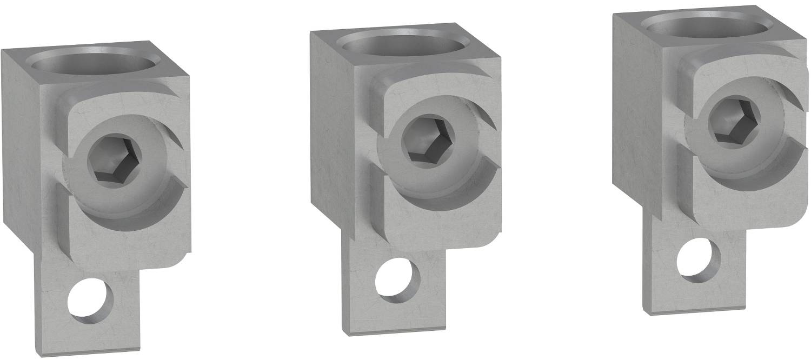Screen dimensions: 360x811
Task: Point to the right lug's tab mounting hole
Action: (x=699, y=258)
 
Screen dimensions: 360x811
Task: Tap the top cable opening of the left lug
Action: (x=96, y=63)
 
